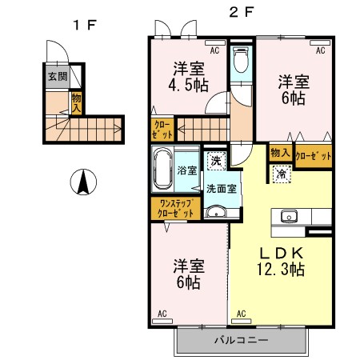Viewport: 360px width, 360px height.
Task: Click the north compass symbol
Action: tap(83, 182)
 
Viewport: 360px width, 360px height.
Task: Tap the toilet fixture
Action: tap(241, 60)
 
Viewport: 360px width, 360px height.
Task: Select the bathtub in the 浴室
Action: tap(162, 169)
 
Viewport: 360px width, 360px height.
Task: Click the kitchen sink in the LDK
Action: tap(289, 216)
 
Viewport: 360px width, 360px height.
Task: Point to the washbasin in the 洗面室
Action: tap(217, 212)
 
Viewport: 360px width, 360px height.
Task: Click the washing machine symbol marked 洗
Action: tap(216, 161)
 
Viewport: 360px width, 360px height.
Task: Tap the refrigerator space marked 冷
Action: tap(282, 174)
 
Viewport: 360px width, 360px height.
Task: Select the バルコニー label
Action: tap(242, 340)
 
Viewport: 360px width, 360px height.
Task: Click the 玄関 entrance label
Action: tap(58, 77)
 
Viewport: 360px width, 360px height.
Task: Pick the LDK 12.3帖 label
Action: tap(281, 262)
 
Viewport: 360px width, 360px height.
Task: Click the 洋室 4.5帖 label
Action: tap(188, 77)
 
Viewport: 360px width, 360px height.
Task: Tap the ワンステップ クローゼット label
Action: tap(175, 209)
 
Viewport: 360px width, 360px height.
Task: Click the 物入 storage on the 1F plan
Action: tap(76, 103)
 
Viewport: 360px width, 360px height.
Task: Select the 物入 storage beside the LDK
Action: tap(280, 153)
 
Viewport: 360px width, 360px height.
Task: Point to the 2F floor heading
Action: tap(241, 12)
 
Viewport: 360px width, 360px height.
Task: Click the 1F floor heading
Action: tap(85, 26)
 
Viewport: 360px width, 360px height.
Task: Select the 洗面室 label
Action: tap(222, 189)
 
